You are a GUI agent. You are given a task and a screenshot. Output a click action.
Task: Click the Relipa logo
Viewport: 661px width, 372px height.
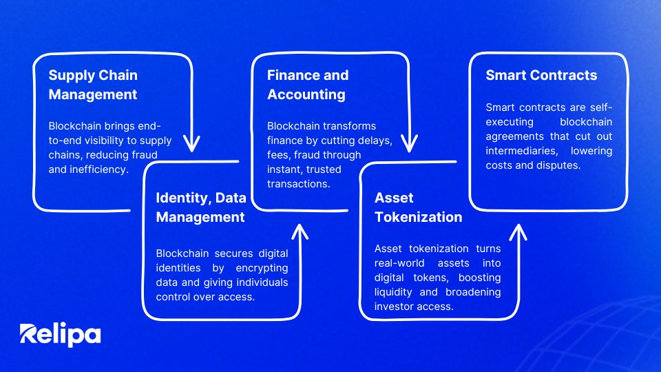60,335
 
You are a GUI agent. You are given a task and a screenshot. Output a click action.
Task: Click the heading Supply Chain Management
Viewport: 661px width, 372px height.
93,85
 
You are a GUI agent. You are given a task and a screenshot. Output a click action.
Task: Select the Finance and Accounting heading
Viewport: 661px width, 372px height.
308,85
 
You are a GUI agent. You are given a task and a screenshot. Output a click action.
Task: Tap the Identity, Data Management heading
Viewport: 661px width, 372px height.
200,207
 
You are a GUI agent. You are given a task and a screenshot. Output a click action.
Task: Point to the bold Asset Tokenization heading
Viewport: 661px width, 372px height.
418,207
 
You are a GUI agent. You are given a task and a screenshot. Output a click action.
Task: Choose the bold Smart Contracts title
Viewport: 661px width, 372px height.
541,75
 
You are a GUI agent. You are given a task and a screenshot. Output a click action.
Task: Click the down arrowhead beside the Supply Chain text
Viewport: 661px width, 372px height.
192,143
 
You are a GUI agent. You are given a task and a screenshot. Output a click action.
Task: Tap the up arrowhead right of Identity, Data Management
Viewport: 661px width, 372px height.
300,231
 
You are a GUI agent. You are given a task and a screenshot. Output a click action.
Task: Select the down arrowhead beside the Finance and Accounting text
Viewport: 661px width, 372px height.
409,144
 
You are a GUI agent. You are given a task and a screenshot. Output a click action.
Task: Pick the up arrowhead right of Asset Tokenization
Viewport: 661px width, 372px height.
518,232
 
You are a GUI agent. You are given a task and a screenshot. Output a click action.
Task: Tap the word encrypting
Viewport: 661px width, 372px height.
262,268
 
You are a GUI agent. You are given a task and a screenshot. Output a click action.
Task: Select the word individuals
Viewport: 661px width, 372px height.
262,282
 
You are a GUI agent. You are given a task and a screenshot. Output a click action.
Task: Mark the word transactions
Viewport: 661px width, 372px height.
298,184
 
